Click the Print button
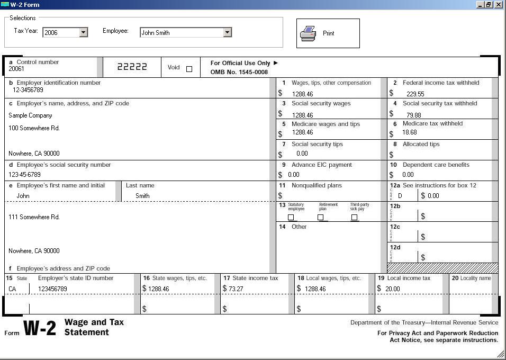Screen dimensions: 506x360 [328, 33]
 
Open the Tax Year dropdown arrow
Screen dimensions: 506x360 [83, 32]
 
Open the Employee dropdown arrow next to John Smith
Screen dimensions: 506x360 [227, 32]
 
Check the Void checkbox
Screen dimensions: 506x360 [189, 69]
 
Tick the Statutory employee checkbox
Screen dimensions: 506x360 [291, 217]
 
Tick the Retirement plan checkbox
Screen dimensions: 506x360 [320, 217]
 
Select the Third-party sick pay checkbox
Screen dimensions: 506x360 [354, 217]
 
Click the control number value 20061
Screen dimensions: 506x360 [16, 69]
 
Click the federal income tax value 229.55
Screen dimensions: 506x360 [415, 94]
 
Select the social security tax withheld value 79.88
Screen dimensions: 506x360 [414, 115]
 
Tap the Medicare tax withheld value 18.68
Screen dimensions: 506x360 [409, 133]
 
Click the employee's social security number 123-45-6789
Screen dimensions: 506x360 [24, 174]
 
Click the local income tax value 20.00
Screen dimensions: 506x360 [392, 289]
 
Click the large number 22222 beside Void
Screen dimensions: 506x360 [132, 67]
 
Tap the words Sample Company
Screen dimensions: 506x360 [30, 115]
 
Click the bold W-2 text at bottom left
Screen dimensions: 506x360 [40, 328]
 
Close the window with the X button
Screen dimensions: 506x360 [499, 4]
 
